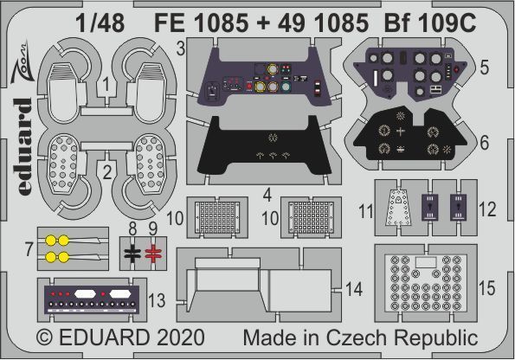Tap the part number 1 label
click(x=103, y=85)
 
